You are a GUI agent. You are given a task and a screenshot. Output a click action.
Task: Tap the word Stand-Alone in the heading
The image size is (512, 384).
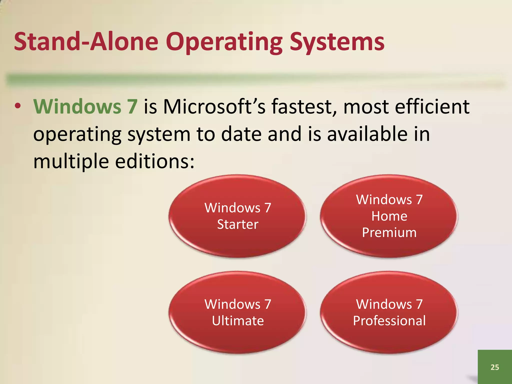click(86, 41)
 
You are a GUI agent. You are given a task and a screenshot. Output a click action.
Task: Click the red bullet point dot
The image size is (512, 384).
click(17, 106)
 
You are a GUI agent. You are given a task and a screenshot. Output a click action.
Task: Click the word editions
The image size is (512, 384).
click(154, 161)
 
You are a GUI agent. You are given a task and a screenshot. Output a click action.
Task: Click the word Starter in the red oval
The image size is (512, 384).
click(237, 224)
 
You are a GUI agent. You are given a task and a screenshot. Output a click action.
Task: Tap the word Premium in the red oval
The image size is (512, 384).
click(389, 232)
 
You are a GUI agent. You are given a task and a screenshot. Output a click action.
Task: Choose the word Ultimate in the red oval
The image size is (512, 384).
click(237, 321)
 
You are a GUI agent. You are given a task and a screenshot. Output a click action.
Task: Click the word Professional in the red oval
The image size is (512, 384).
click(389, 321)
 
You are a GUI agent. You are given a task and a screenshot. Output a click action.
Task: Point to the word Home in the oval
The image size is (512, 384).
click(389, 216)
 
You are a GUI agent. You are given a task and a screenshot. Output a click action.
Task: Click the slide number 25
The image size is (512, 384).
click(494, 367)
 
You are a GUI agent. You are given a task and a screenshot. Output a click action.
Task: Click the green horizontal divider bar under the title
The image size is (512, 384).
click(250, 79)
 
